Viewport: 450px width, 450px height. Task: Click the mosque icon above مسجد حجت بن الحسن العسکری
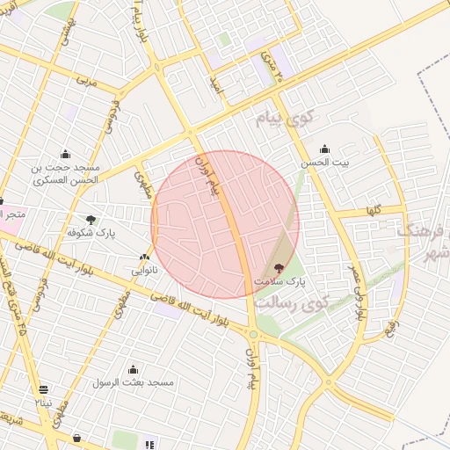[x=66, y=154]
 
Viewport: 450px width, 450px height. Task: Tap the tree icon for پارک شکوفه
[x=91, y=219]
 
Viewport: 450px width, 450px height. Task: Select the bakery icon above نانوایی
[x=144, y=257]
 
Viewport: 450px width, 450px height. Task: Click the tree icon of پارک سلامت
[x=279, y=268]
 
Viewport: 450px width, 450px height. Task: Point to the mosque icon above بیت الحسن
[x=324, y=149]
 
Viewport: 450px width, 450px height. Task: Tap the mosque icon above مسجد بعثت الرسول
[x=133, y=369]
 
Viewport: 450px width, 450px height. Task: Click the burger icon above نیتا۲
[x=44, y=389]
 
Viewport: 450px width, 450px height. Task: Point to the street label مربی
[x=85, y=80]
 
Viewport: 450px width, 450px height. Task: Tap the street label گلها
[x=374, y=210]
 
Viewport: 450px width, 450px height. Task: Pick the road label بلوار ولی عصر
[x=357, y=295]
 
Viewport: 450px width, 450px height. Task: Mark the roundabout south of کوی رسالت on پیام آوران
[x=253, y=334]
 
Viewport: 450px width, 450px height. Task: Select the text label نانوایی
[x=144, y=271]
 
